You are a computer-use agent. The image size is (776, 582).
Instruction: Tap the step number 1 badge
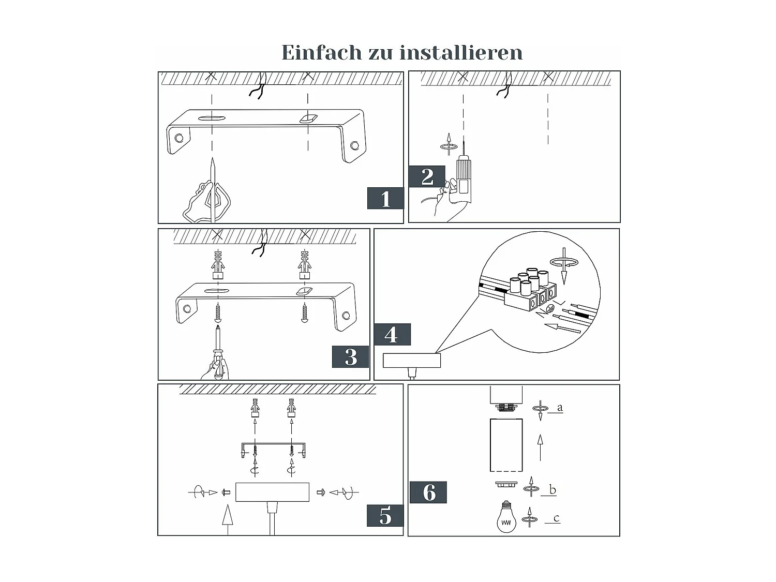pyautogui.click(x=385, y=199)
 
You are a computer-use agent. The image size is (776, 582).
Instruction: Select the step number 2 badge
pyautogui.click(x=427, y=176)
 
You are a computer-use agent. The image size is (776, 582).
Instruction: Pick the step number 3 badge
pyautogui.click(x=351, y=357)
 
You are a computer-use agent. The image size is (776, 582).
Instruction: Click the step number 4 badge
pyautogui.click(x=392, y=335)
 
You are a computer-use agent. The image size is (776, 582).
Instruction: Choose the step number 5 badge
pyautogui.click(x=385, y=516)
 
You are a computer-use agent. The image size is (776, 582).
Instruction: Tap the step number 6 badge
pyautogui.click(x=428, y=492)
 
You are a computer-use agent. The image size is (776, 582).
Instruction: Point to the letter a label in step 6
pyautogui.click(x=560, y=408)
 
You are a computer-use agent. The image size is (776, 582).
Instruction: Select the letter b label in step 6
pyautogui.click(x=553, y=489)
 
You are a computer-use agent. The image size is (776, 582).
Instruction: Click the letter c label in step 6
pyautogui.click(x=556, y=518)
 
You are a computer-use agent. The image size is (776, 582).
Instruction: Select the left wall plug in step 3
pyautogui.click(x=218, y=265)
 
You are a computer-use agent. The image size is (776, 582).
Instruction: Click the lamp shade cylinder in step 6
pyautogui.click(x=506, y=445)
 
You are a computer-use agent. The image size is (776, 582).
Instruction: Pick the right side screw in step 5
pyautogui.click(x=321, y=492)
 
